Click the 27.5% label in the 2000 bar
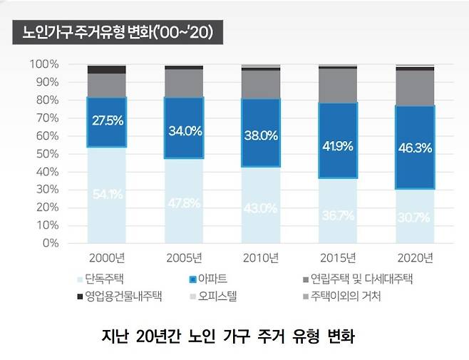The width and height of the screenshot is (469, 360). (x=107, y=120)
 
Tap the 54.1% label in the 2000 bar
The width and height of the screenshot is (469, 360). (x=107, y=193)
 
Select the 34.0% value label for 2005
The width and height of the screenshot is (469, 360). (x=184, y=131)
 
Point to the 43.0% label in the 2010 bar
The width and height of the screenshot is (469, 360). (x=261, y=207)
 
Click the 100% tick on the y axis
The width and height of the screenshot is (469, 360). (x=44, y=64)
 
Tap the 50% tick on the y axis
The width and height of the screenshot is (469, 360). (x=47, y=153)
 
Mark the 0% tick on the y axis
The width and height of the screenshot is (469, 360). (x=50, y=242)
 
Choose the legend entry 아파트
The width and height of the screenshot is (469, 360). (x=213, y=279)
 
